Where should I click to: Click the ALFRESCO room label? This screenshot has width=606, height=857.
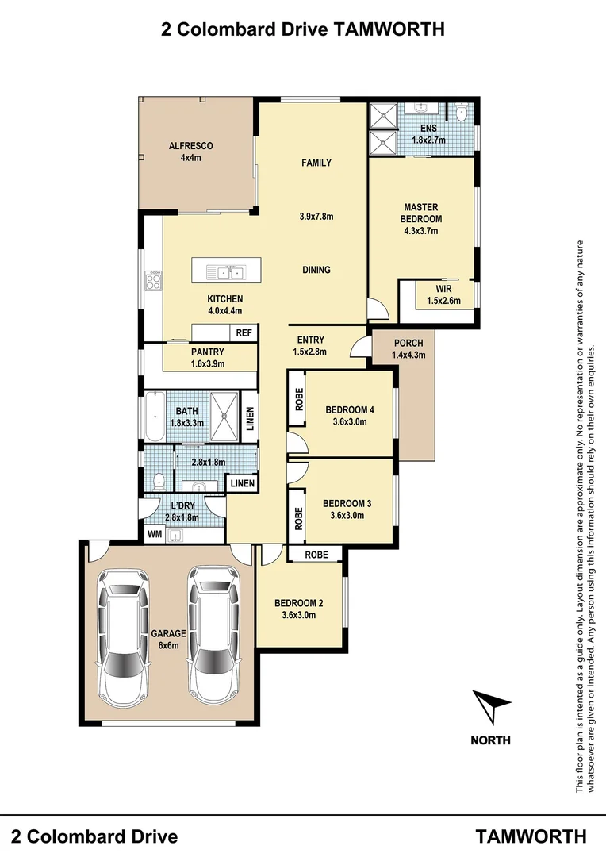(190, 146)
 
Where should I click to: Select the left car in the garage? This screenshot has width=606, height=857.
(123, 639)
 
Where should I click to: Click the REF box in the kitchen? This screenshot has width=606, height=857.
(244, 334)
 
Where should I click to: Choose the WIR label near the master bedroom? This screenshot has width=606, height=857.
(443, 289)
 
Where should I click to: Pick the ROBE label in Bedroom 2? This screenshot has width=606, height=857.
(315, 554)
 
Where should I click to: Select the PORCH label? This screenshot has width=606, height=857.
(408, 344)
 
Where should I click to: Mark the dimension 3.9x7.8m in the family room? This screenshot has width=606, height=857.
(316, 217)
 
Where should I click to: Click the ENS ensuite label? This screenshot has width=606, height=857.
(428, 129)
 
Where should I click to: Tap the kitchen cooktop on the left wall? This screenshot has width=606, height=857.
(153, 281)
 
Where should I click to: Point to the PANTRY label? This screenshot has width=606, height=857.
(208, 352)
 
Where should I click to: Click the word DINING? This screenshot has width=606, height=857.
(316, 270)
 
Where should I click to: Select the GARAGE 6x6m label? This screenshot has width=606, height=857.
(167, 640)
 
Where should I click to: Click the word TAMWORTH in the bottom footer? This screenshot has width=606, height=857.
(531, 836)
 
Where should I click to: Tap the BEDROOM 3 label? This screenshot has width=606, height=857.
(347, 503)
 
